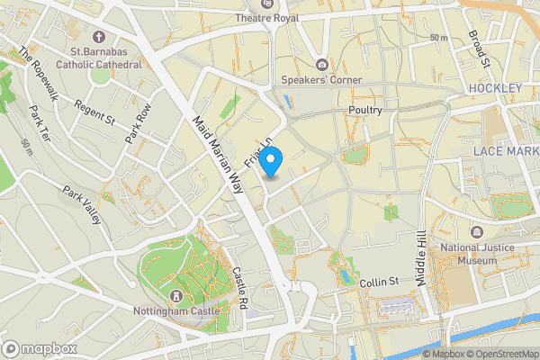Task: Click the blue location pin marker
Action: point(274,161)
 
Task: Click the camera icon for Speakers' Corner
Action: point(322,64)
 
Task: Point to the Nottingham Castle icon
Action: point(175,296)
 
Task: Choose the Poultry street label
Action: point(364,110)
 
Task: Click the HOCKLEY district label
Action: point(495,87)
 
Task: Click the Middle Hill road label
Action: point(419,257)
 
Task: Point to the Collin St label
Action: point(379,283)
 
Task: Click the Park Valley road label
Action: point(82,205)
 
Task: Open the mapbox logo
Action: point(40,348)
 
